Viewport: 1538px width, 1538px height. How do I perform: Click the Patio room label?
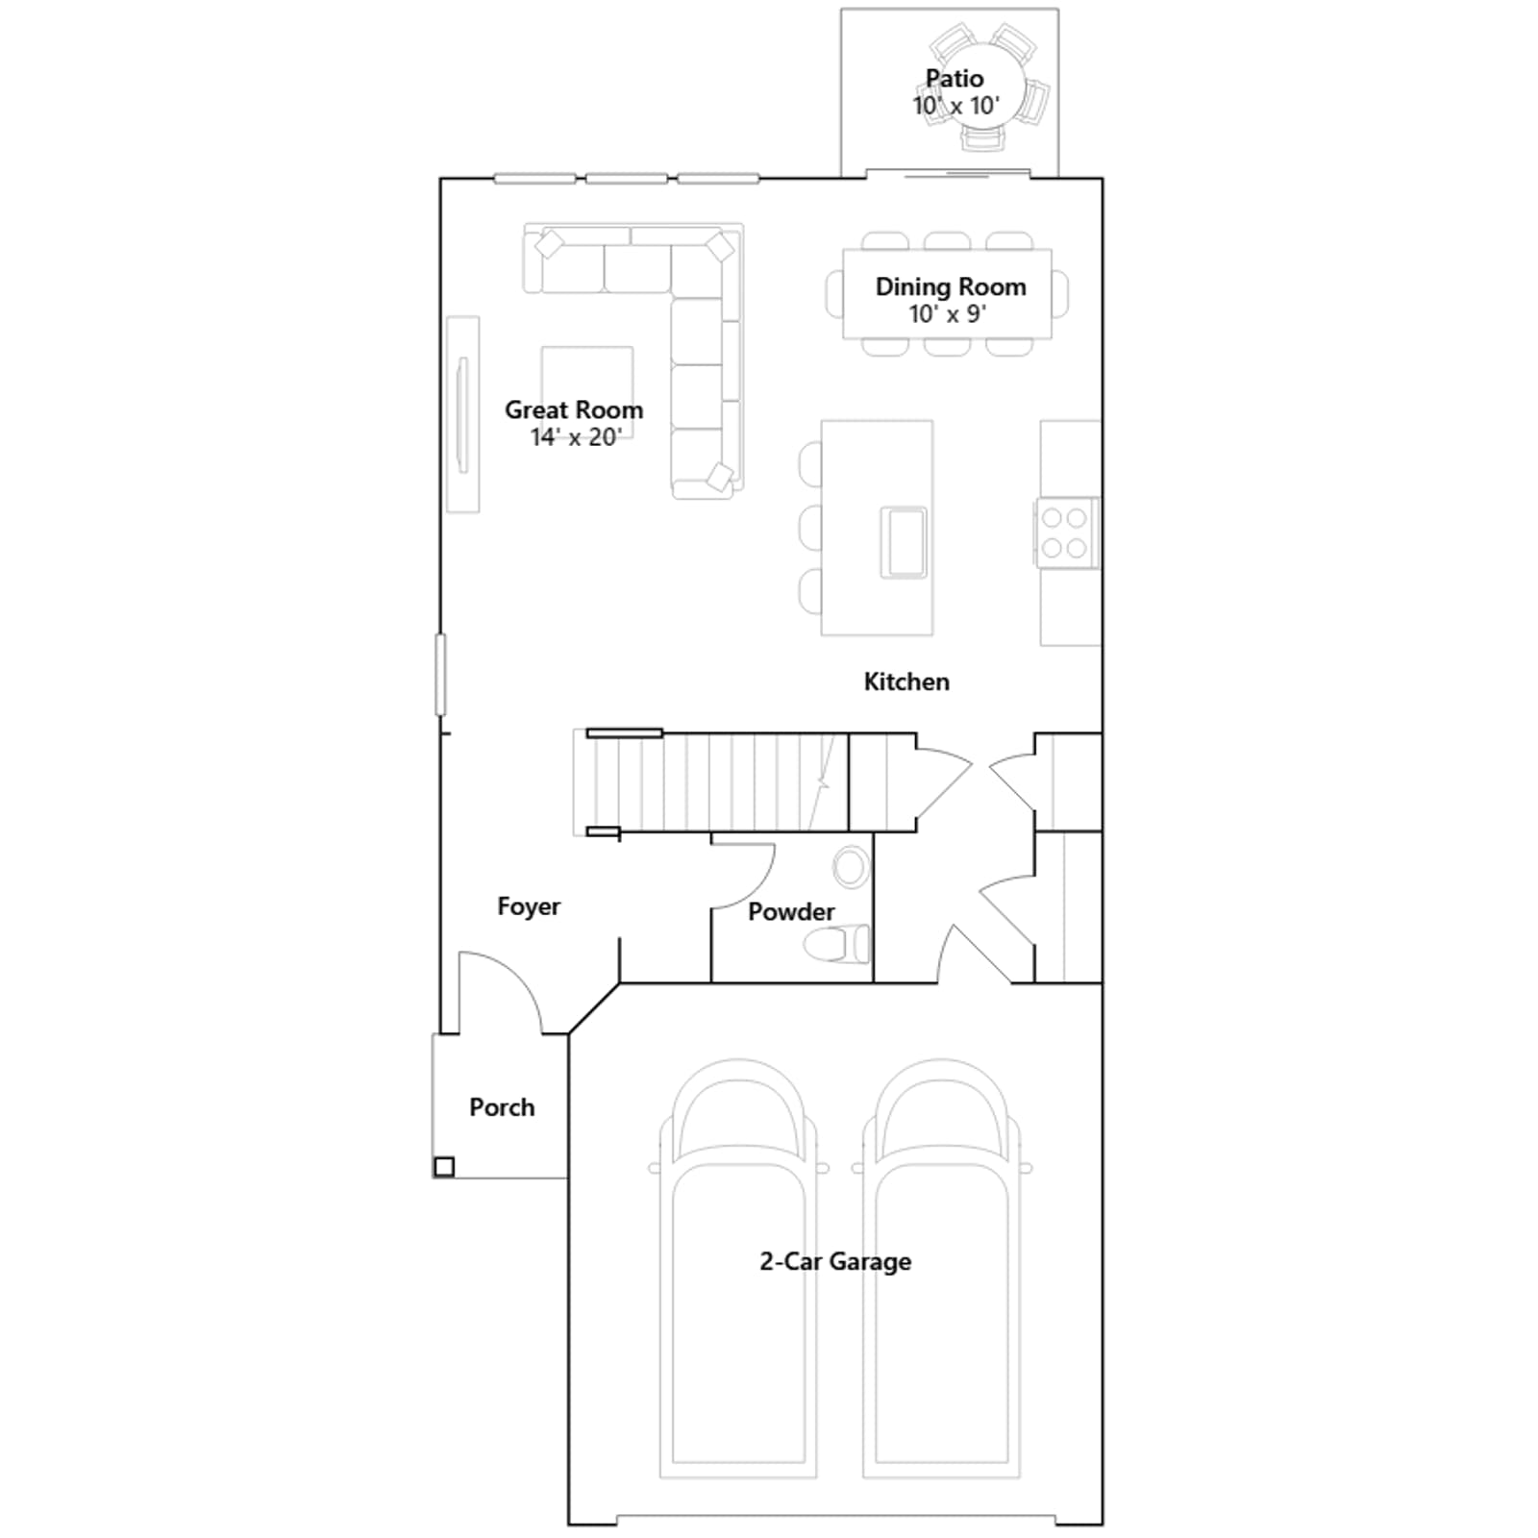pos(955,79)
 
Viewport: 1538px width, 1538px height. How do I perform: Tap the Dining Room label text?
pos(951,286)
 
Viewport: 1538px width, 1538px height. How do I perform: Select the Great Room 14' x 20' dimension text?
pos(575,437)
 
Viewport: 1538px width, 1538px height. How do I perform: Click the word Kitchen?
pos(906,682)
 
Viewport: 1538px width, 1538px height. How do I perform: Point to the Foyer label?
pos(529,906)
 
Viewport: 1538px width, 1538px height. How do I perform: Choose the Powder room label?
pos(791,911)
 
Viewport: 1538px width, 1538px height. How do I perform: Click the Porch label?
pos(502,1107)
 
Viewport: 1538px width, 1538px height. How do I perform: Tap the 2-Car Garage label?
pos(835,1261)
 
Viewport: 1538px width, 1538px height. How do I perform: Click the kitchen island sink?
pos(904,542)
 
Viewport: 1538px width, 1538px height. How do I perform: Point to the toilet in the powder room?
pos(837,944)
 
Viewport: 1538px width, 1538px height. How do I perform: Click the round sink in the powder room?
pos(851,867)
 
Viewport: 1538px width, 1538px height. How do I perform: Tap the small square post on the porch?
pos(444,1167)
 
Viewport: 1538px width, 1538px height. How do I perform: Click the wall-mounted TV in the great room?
pos(462,415)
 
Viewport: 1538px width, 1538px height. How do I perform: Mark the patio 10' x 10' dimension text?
pos(956,106)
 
